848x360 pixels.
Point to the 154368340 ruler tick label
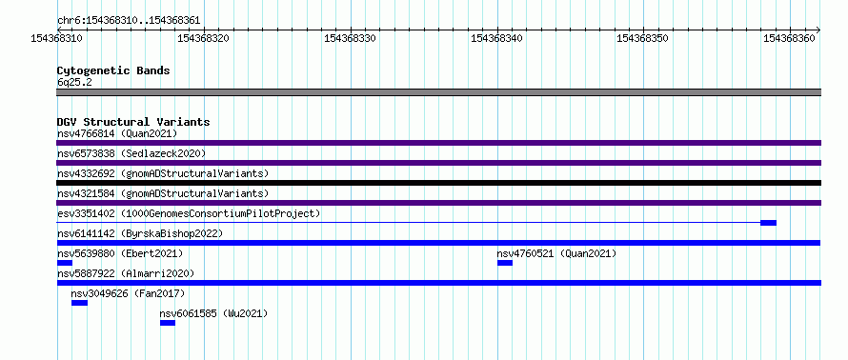coord(497,38)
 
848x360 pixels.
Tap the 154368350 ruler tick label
coord(643,38)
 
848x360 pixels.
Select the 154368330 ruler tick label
coord(350,38)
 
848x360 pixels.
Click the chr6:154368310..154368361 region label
coord(129,21)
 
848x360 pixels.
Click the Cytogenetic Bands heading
coord(113,70)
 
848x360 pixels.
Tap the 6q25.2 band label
coord(74,82)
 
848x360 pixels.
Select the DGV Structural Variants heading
coord(133,122)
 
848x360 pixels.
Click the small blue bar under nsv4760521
coord(505,263)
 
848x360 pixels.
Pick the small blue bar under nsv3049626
coord(79,303)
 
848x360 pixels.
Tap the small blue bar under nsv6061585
coord(168,323)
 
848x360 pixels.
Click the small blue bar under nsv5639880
coord(65,263)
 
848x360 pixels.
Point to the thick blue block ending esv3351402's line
coord(768,223)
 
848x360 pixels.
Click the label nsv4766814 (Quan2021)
coord(117,133)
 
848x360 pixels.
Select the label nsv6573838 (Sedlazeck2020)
coord(131,153)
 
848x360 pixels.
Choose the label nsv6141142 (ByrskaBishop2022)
coord(140,233)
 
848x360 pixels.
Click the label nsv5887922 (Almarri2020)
coord(126,273)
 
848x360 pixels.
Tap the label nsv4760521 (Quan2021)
coord(556,253)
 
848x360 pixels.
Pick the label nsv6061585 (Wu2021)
coord(213,313)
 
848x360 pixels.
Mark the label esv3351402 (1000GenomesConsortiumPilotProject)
coord(189,213)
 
